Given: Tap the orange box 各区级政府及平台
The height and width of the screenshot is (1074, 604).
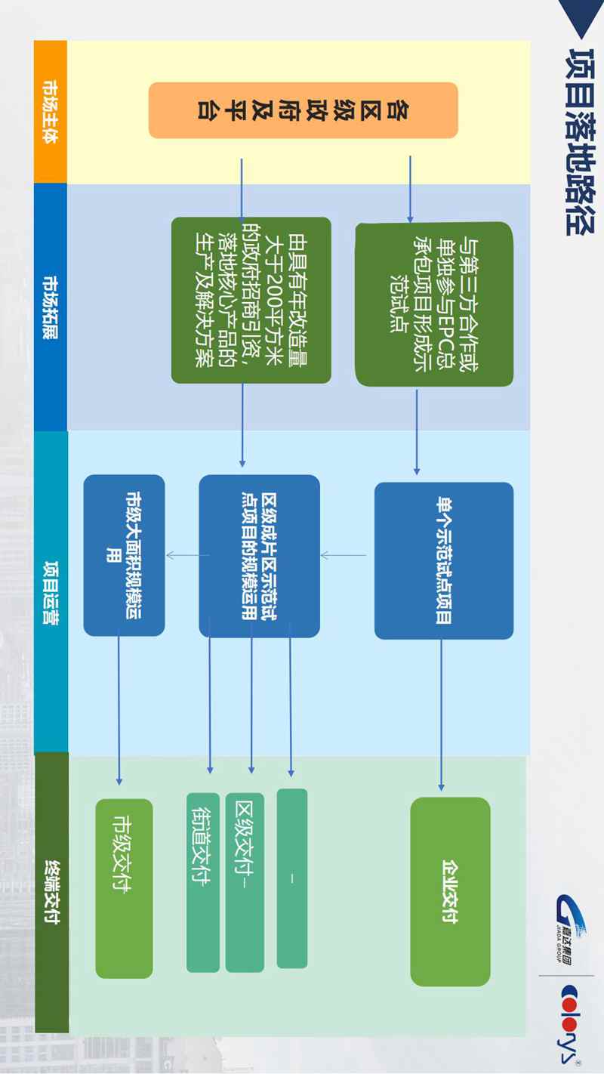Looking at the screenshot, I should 303,110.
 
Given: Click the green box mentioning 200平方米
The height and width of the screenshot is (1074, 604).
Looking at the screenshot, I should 251,300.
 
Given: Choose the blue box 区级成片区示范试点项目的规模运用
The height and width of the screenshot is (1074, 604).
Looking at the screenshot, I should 259,556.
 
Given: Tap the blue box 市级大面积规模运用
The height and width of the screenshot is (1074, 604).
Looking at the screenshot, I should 124,555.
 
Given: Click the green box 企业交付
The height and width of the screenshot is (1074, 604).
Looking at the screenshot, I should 450,891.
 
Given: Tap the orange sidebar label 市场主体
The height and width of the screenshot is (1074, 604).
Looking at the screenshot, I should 51,112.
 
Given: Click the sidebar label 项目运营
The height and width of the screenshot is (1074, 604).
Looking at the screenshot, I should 51,593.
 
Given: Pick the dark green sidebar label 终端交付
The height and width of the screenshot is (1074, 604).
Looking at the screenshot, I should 51,891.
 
